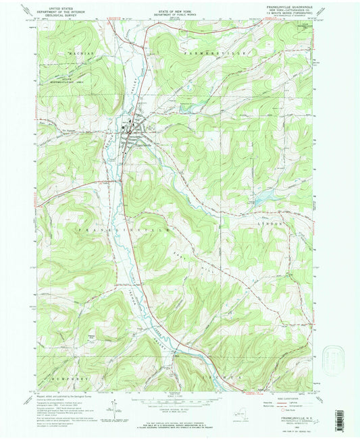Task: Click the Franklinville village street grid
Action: pos(132,128)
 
